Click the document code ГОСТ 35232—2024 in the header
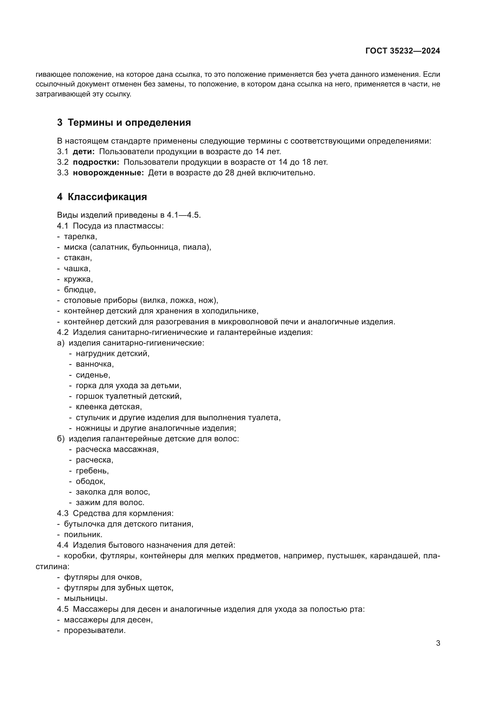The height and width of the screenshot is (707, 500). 402,51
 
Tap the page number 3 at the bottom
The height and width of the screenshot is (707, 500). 438,643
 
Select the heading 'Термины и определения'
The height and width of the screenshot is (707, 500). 129,122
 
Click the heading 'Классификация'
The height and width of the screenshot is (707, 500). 107,197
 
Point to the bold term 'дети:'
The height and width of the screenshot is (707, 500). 84,151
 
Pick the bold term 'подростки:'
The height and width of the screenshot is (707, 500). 96,162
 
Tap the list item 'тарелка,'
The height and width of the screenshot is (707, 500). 80,236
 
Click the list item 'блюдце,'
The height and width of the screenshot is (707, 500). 80,290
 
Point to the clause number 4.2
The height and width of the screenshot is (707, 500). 63,332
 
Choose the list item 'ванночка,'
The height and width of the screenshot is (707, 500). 95,364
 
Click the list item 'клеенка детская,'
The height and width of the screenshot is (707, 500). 109,407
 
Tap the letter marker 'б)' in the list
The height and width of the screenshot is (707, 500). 61,439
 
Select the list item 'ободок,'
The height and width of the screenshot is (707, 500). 90,481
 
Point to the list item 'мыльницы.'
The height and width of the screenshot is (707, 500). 86,598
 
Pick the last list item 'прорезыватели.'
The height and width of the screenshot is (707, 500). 95,630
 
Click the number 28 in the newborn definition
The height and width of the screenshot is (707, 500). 229,173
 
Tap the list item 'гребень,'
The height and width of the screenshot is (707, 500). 92,471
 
